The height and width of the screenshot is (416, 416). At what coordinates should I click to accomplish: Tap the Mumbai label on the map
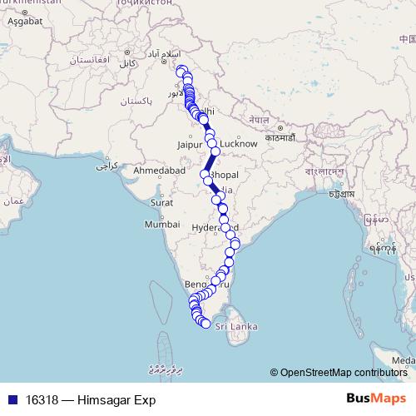(161, 225)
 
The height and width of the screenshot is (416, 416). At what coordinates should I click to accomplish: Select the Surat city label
(161, 202)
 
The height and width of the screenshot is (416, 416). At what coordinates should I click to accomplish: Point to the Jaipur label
(191, 144)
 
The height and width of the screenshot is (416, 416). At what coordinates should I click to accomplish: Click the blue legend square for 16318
(12, 400)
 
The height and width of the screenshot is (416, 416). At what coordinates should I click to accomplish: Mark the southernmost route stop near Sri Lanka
(206, 324)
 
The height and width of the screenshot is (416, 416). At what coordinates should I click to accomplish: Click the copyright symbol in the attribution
(275, 372)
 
